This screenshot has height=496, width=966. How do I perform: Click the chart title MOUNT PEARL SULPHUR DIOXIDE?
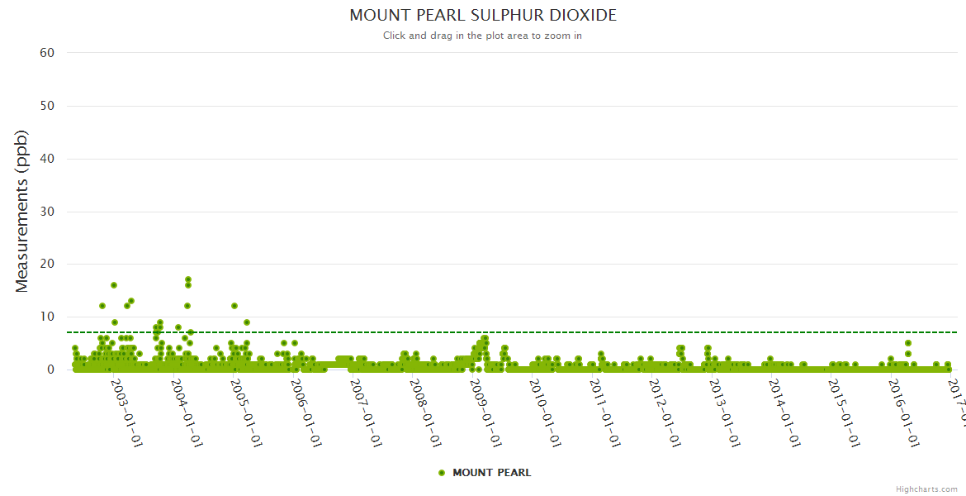click(x=483, y=16)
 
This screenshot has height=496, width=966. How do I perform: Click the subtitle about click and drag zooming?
click(x=483, y=36)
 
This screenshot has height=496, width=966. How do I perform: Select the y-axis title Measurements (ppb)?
click(x=22, y=211)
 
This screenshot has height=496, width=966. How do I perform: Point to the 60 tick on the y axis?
click(x=47, y=53)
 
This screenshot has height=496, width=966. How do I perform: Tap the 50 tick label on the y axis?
click(x=47, y=106)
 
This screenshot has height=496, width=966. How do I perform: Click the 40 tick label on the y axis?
click(x=47, y=159)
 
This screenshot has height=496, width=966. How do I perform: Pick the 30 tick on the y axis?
click(x=47, y=212)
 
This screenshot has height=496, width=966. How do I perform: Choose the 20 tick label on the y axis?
click(x=47, y=265)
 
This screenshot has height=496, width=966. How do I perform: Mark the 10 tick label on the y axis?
click(x=47, y=317)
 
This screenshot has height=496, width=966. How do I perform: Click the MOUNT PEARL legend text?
click(x=492, y=473)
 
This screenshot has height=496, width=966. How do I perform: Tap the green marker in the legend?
click(x=442, y=473)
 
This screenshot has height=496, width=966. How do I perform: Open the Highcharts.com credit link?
click(x=926, y=489)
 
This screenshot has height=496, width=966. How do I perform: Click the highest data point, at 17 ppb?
click(x=188, y=279)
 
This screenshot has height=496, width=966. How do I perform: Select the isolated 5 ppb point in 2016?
click(x=908, y=343)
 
